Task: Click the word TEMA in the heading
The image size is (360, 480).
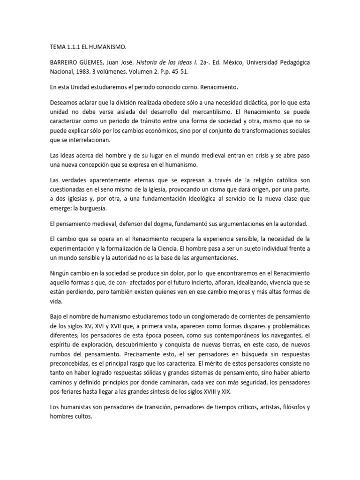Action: tap(57, 47)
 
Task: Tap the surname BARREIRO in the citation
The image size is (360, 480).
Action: tap(67, 62)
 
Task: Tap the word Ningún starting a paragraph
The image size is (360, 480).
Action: tap(60, 273)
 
